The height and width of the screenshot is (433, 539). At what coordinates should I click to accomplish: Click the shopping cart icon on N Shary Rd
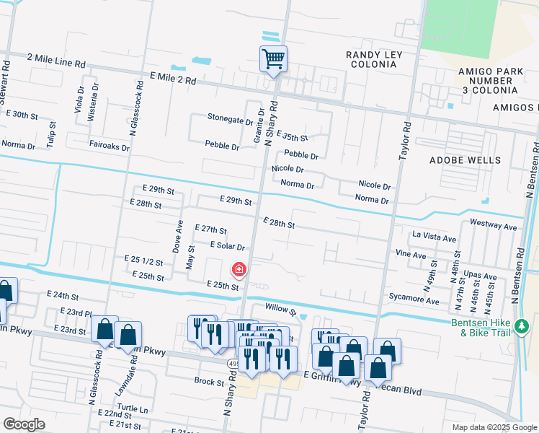(x=273, y=58)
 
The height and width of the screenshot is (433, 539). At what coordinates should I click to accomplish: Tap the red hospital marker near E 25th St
(x=238, y=270)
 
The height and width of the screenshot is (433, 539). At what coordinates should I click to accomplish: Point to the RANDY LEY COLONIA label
(x=374, y=60)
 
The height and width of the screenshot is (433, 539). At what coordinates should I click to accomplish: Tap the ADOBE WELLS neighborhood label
(x=464, y=159)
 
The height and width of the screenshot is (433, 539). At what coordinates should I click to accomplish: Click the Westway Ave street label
(x=493, y=227)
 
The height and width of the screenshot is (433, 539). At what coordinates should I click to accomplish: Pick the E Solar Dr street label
(x=228, y=246)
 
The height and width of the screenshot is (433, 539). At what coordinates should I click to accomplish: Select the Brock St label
(x=210, y=381)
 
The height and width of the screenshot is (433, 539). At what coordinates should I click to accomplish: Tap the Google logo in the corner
(x=24, y=424)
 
